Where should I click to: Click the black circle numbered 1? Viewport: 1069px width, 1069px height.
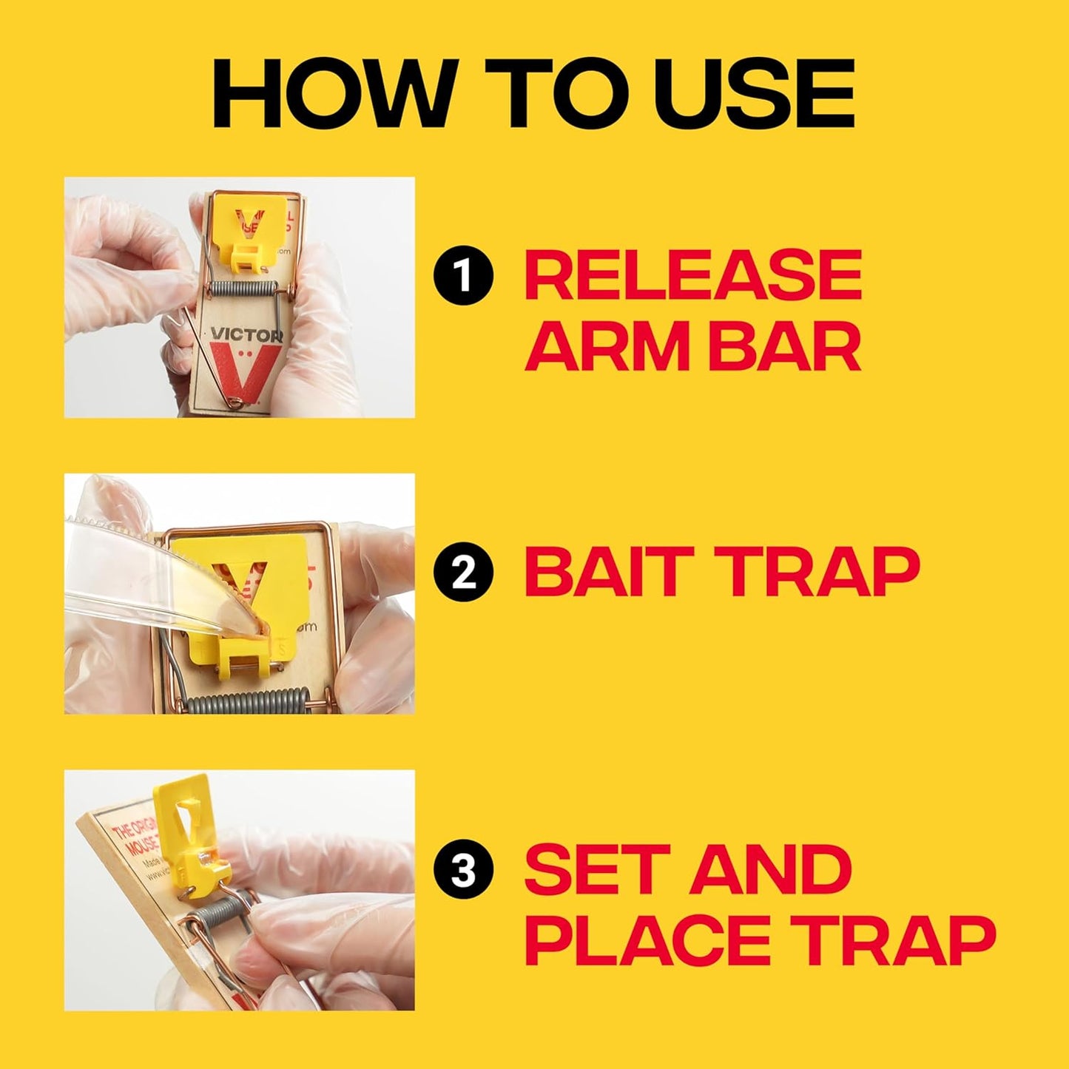pyautogui.click(x=463, y=277)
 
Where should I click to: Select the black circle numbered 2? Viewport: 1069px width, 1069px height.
pyautogui.click(x=463, y=573)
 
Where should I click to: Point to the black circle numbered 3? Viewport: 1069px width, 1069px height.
pyautogui.click(x=463, y=871)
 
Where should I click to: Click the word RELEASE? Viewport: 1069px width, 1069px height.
pyautogui.click(x=693, y=275)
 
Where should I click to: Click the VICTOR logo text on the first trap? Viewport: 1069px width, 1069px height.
pyautogui.click(x=246, y=335)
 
